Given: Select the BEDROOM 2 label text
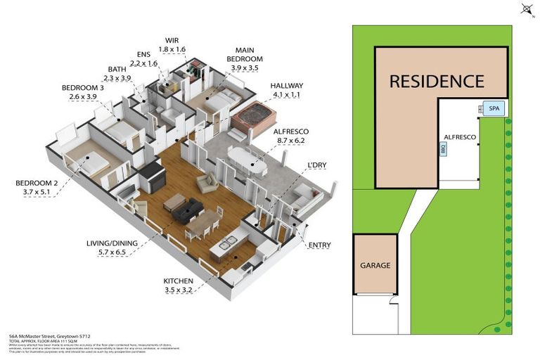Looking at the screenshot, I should coord(37,188).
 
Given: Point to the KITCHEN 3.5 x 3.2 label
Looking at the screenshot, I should coord(178,285).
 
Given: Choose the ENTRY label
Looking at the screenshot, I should coord(319,245).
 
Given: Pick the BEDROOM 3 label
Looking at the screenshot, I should coord(82,92).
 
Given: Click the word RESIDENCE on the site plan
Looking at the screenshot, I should coord(437,81).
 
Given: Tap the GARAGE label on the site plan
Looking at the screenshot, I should coord(375,266).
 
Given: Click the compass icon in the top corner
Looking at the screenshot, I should coord(527,9).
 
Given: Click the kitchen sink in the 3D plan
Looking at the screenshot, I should coord(227,244).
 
